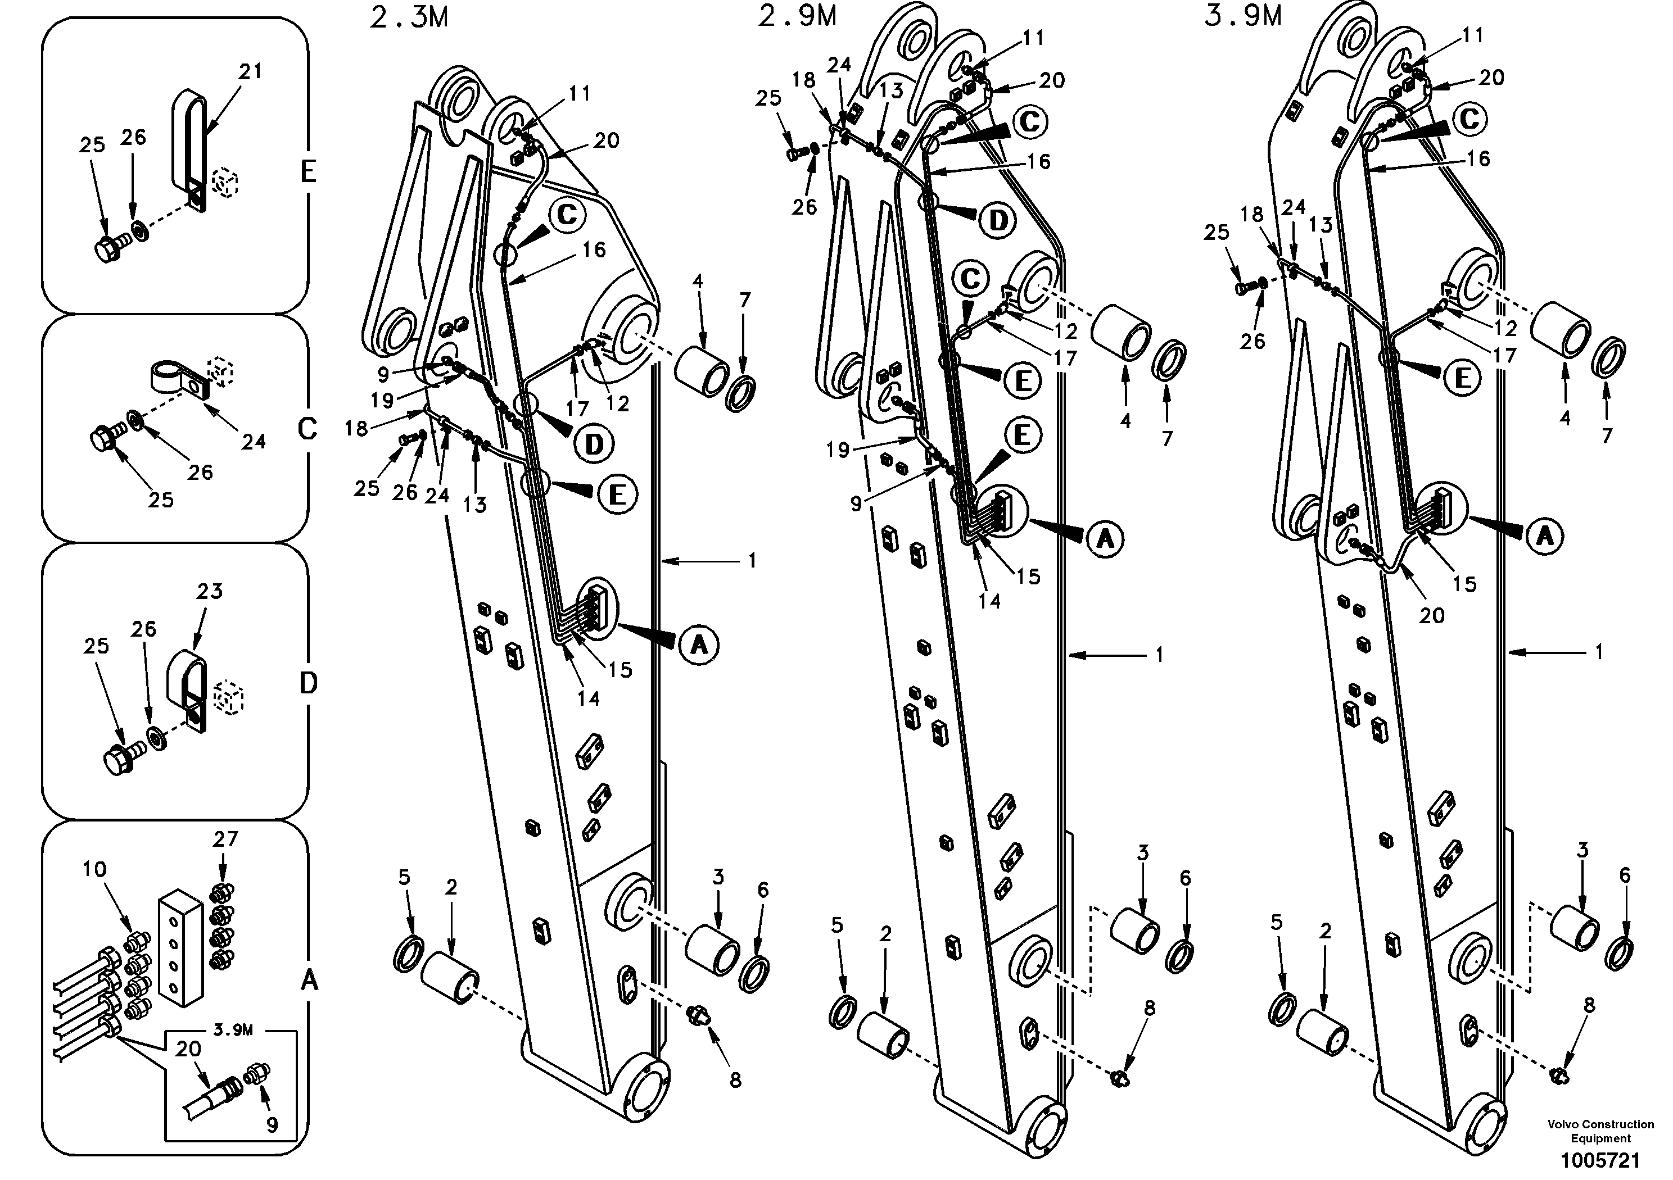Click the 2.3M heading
coord(409,17)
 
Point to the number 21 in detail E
coord(250,71)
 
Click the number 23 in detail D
coord(209,592)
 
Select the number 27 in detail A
coord(226,839)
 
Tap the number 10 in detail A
coord(95,869)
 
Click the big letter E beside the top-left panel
coord(308,172)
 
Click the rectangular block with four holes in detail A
coord(180,947)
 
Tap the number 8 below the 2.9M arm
coord(1149,1009)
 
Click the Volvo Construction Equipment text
coord(1600,1131)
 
